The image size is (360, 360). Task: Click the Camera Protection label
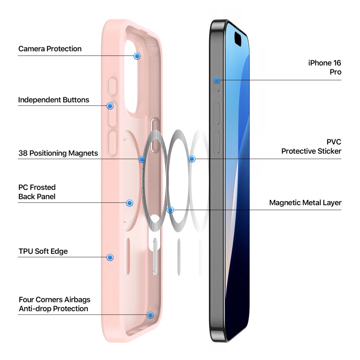(50, 49)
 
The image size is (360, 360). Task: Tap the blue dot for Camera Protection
(137, 56)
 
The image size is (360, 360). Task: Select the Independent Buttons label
(54, 100)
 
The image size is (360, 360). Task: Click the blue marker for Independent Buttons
(110, 106)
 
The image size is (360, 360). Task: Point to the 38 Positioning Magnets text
(58, 153)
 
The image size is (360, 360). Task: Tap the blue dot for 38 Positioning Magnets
(142, 159)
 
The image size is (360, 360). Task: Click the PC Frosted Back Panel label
(37, 192)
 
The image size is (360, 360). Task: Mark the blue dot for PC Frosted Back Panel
(130, 203)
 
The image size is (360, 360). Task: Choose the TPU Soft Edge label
(43, 251)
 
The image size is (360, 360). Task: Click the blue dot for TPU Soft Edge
(110, 257)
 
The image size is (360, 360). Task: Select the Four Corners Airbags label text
(55, 304)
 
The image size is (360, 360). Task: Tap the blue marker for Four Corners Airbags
(150, 315)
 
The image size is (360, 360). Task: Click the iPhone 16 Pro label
(325, 67)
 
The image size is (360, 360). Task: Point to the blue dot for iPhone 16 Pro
(217, 80)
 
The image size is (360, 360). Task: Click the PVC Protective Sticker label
(311, 147)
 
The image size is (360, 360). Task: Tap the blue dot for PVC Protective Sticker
(192, 159)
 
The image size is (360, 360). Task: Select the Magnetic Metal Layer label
(305, 203)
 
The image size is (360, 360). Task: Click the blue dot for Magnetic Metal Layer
(170, 210)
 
